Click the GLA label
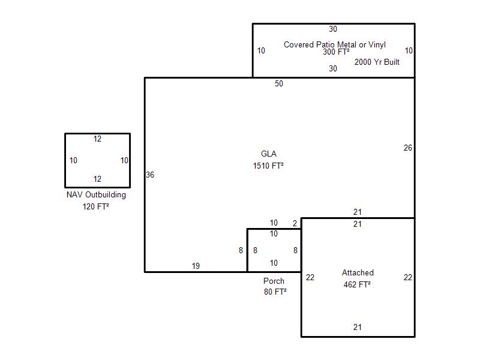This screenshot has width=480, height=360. [x=269, y=154]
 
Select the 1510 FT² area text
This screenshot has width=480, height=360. [x=268, y=166]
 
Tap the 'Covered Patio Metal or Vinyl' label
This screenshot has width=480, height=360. [x=334, y=44]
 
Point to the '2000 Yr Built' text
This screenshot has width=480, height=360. [x=377, y=62]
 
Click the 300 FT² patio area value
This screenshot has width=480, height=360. [x=336, y=52]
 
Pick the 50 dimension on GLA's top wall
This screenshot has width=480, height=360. [x=279, y=84]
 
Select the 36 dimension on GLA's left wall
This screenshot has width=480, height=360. [x=150, y=175]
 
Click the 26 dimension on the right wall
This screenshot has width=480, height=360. [x=408, y=148]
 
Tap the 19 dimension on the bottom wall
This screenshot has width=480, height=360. [x=196, y=266]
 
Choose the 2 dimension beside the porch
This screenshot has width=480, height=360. [x=295, y=223]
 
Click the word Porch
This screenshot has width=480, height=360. [x=274, y=281]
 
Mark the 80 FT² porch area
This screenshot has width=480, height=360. [x=275, y=292]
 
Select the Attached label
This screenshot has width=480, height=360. [x=358, y=273]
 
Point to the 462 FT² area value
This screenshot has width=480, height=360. [x=357, y=284]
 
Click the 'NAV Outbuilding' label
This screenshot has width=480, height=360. [x=97, y=195]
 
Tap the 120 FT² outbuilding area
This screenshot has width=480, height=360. [x=96, y=207]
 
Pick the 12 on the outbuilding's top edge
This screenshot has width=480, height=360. [x=97, y=139]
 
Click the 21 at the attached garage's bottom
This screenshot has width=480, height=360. [x=358, y=328]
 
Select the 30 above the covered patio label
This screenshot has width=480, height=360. [x=333, y=29]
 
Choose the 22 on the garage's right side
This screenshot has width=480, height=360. [x=408, y=277]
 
